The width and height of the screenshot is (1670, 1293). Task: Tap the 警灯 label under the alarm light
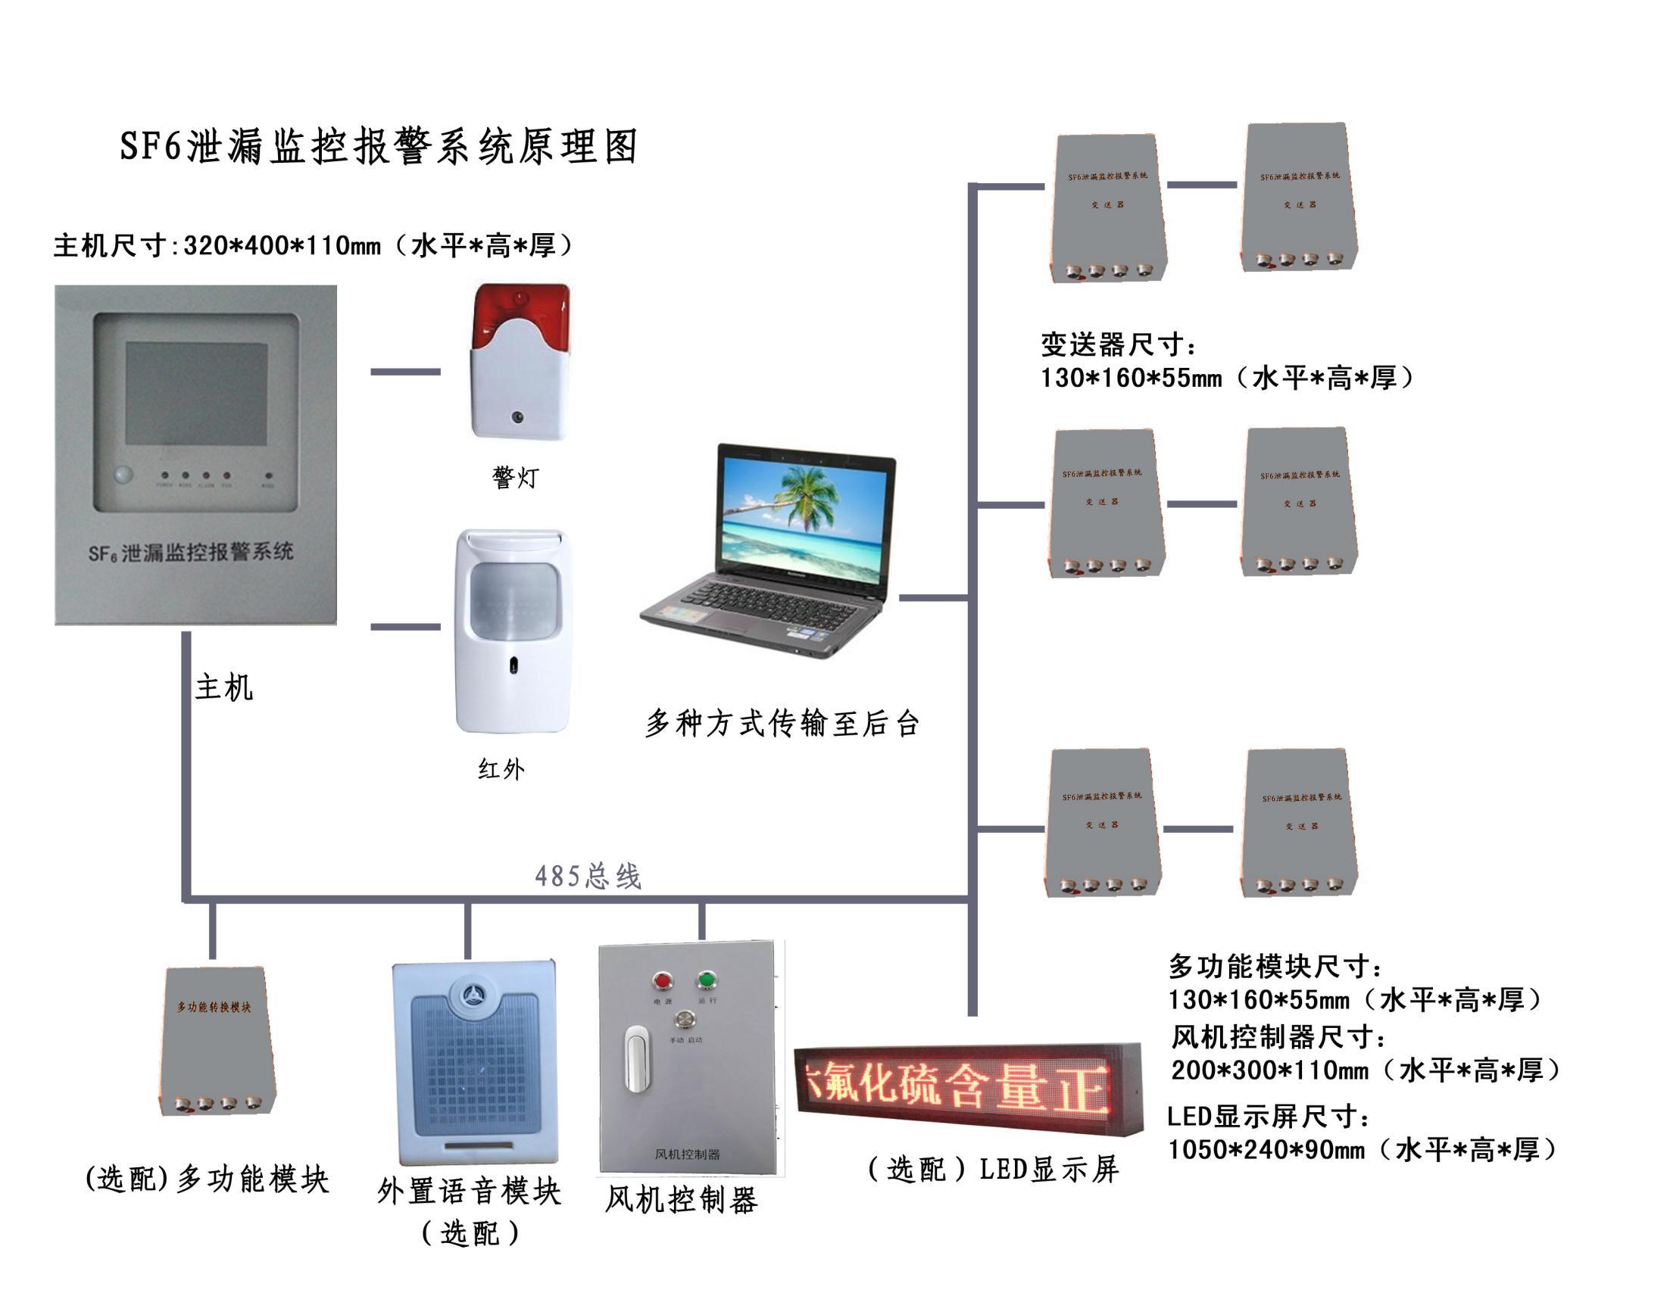515,478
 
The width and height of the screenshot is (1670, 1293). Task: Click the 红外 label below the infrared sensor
501,769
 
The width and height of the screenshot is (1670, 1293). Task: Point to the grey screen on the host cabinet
196,394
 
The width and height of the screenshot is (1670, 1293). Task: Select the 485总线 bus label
587,876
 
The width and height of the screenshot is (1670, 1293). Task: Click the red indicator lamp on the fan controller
661,981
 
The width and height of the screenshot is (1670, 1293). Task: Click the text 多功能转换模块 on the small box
214,1007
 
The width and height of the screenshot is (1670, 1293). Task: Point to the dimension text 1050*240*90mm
1266,1149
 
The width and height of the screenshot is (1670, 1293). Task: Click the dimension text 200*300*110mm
1269,1070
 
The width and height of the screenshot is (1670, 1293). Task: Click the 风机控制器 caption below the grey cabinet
681,1200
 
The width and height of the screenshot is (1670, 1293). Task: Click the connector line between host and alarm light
405,372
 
